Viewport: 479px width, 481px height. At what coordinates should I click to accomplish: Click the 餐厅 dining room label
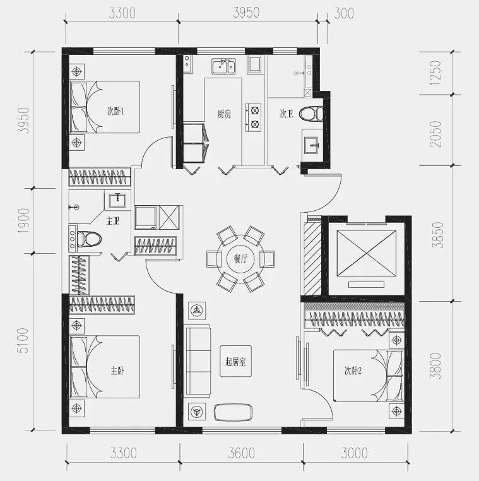coord(240,259)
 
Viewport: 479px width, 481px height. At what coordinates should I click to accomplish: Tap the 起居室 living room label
coord(235,362)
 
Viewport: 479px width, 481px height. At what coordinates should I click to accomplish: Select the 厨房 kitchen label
coord(224,114)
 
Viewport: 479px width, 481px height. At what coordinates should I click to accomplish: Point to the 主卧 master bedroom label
coord(117,371)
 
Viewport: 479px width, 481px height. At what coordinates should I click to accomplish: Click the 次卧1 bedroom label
coord(115,110)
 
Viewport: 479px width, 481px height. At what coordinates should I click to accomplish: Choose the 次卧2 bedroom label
coord(353,371)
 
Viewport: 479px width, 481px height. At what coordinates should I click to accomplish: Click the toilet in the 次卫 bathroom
coord(311,114)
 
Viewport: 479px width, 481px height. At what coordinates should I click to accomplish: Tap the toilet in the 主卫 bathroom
coord(89,239)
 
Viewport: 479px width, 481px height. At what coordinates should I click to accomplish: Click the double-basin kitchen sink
coord(223,66)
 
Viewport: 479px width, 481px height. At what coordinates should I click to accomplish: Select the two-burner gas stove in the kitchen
coord(253,117)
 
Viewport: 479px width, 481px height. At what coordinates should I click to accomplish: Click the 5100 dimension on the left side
coord(23,340)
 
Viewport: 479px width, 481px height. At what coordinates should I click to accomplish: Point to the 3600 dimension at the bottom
coord(241,453)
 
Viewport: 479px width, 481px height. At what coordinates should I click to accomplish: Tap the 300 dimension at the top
coord(344,13)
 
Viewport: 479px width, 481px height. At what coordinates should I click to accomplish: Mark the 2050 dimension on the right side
coord(435,134)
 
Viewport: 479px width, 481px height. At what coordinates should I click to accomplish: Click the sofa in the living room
coord(198,361)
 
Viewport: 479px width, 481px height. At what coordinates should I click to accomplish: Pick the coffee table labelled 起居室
coord(235,361)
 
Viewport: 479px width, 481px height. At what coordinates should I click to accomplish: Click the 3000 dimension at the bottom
coord(355,453)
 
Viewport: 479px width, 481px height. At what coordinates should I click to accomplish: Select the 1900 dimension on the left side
coord(23,220)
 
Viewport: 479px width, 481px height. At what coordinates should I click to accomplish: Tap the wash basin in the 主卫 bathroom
coord(117,200)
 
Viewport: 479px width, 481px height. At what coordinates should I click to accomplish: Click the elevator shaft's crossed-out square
coord(367,253)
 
